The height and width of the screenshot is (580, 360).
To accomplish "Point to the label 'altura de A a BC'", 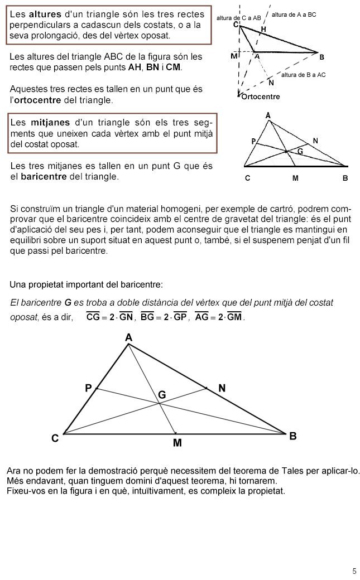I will point(294,14).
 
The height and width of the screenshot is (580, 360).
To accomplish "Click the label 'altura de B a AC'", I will point(304,75).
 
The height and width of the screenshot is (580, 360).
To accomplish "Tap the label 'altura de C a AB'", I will point(238,18).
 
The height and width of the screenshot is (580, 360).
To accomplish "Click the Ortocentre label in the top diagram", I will point(261,97).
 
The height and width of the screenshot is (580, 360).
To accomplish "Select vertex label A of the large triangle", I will point(128,337).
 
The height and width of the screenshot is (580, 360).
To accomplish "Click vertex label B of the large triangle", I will point(293,437).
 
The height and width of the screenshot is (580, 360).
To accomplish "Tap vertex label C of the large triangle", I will point(55,438).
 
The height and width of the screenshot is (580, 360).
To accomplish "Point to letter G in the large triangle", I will point(162,395).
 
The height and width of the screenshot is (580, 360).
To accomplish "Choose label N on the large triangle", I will point(222,388).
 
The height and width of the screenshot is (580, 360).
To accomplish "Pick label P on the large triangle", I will point(88,388).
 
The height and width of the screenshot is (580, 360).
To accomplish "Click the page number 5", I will point(354,571).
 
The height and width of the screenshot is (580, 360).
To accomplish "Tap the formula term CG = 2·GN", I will point(109,317).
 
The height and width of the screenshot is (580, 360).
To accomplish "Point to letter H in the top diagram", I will point(263,29).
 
